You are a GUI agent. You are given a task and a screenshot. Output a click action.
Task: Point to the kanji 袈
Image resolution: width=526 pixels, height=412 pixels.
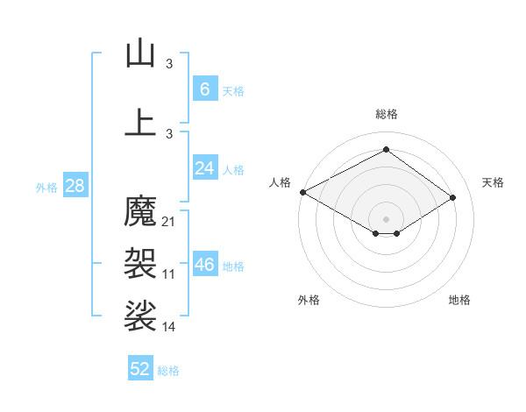pos(140,260)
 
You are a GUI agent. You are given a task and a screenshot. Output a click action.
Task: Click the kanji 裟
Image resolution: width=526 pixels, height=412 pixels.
pos(140,316)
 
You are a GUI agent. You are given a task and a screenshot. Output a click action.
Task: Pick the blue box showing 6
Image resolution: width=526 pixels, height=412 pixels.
pos(204,89)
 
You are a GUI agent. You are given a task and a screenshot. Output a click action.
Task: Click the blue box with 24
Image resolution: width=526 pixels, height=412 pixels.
pos(204,168)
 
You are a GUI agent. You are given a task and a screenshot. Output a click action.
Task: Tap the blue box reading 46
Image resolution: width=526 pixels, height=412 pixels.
pos(204,265)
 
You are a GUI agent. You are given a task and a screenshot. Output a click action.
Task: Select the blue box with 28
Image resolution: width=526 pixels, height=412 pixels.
pos(75,186)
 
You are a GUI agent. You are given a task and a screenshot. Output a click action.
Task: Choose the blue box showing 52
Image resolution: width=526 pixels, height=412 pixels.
pos(140,369)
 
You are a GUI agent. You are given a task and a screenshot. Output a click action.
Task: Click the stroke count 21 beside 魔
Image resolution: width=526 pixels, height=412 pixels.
pos(169,221)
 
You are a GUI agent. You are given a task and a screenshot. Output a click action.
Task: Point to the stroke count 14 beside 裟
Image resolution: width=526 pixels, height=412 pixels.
pos(169,327)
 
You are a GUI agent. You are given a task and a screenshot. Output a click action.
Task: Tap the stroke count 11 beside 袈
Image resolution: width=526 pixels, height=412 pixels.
pos(169,274)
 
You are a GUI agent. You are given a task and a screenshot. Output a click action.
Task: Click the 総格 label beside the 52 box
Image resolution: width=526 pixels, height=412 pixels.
pos(168,371)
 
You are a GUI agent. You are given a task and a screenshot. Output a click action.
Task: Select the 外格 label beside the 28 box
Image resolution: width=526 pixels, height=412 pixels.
pos(46,187)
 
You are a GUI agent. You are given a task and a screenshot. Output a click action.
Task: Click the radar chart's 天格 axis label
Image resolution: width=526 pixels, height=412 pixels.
pos(494,182)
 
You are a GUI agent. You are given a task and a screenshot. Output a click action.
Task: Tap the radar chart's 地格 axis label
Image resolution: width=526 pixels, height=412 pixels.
pos(459,300)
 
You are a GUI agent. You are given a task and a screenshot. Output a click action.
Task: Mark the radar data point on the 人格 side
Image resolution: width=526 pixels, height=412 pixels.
pos(302,192)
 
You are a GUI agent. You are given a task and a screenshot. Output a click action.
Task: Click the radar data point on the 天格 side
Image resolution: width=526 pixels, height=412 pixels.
pos(452,198)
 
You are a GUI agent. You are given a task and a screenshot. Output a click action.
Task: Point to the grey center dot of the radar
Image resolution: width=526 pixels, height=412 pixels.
pos(386,218)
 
